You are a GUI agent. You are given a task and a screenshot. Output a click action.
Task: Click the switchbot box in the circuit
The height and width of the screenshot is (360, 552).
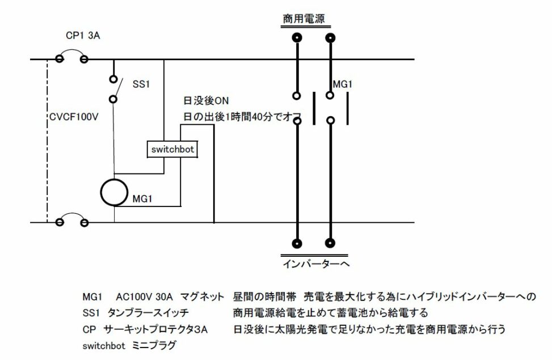pos(172,149)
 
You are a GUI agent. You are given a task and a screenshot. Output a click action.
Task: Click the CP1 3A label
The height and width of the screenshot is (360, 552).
pos(83,36)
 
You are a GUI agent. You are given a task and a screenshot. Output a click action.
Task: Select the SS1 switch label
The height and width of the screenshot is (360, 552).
pos(141,84)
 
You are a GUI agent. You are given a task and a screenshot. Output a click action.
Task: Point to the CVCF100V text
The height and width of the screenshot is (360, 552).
pos(74,117)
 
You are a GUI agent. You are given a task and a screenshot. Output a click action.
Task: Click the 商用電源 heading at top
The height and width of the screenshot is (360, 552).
pos(304,19)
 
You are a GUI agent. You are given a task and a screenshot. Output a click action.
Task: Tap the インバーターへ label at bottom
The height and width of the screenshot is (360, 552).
pos(316,264)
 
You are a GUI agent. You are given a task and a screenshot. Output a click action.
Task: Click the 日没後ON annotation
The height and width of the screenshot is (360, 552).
pos(206,101)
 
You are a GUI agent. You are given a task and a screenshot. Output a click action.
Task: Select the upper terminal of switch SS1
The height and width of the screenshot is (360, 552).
pos(113,79)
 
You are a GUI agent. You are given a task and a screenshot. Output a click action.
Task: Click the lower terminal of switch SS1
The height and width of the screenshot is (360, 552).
pos(113,99)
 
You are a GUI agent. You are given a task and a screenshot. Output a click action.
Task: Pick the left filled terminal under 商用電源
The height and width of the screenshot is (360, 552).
pos(297,37)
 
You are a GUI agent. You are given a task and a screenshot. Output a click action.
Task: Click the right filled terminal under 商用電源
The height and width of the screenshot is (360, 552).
pos(330,37)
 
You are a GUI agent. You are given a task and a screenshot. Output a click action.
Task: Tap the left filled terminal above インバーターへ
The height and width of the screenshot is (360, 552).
pos(297,243)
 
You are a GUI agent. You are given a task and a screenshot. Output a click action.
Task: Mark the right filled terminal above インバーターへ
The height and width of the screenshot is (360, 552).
pos(330,243)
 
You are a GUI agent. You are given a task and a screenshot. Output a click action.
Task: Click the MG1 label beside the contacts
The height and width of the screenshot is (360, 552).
pos(343,84)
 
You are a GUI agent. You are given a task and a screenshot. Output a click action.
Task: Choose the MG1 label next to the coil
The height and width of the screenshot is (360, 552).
pos(142,199)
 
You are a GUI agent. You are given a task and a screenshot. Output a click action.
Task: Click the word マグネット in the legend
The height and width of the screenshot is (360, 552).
pos(202,297)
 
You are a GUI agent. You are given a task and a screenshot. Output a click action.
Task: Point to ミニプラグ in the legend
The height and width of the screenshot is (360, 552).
pos(154,346)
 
